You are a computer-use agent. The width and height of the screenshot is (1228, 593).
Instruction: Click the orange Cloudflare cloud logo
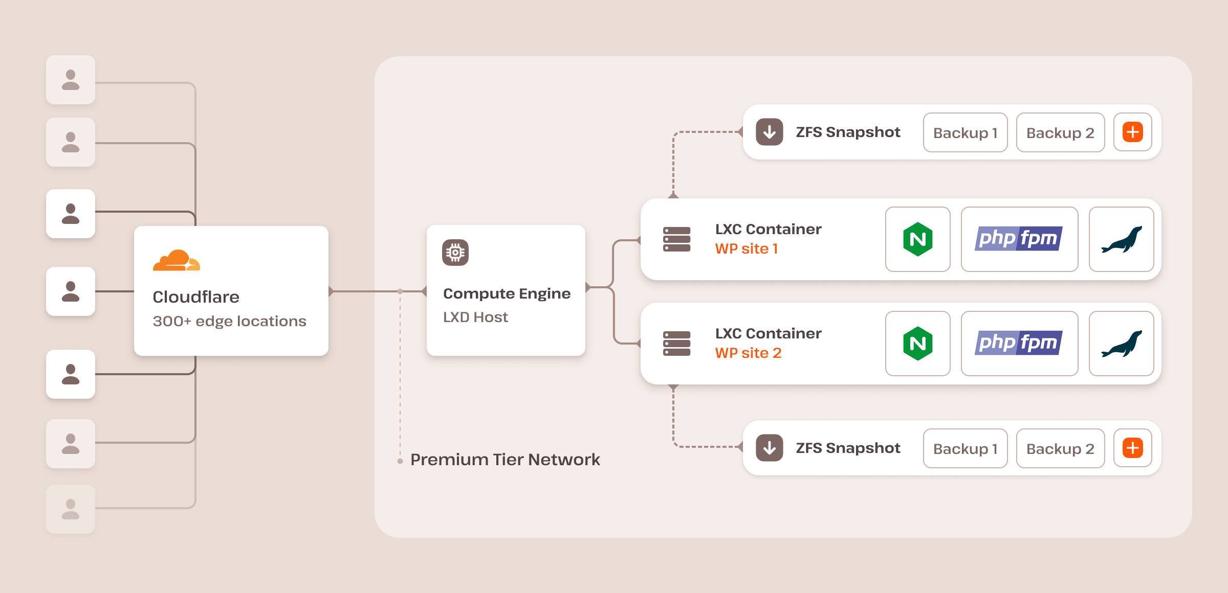pyautogui.click(x=176, y=260)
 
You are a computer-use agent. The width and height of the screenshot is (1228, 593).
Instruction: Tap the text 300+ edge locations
pyautogui.click(x=229, y=321)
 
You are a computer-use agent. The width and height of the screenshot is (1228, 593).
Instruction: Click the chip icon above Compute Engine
pyautogui.click(x=455, y=253)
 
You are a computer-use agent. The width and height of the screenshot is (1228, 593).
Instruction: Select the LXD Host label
pyautogui.click(x=475, y=317)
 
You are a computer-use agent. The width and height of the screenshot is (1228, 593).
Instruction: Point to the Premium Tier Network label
pyautogui.click(x=505, y=460)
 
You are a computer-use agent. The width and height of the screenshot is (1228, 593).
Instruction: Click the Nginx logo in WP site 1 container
pyautogui.click(x=917, y=239)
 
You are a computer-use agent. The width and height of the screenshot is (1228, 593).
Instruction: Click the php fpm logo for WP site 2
pyautogui.click(x=1019, y=343)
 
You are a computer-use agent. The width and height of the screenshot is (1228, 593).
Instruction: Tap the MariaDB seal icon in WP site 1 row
pyautogui.click(x=1121, y=239)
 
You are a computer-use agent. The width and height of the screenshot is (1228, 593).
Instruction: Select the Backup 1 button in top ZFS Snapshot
pyautogui.click(x=965, y=133)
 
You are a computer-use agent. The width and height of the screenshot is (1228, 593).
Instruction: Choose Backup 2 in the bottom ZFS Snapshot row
pyautogui.click(x=1060, y=449)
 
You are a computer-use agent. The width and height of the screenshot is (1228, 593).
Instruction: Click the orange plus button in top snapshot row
pyautogui.click(x=1132, y=132)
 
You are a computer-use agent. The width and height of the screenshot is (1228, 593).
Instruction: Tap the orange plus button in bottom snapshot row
pyautogui.click(x=1132, y=448)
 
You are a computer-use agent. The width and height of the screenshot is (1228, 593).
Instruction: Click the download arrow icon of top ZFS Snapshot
pyautogui.click(x=770, y=132)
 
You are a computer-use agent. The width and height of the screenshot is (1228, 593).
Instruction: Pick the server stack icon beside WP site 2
pyautogui.click(x=676, y=344)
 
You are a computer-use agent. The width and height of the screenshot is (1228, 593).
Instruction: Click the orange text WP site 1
pyautogui.click(x=746, y=249)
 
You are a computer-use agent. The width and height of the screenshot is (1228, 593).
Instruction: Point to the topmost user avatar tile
pyautogui.click(x=71, y=80)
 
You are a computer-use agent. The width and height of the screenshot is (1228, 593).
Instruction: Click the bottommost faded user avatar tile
pyautogui.click(x=71, y=509)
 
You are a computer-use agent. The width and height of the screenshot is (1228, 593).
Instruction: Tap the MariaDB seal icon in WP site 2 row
pyautogui.click(x=1121, y=344)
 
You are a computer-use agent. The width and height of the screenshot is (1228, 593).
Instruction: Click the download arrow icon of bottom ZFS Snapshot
pyautogui.click(x=770, y=448)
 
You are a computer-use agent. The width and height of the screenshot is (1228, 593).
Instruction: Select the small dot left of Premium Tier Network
pyautogui.click(x=400, y=461)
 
